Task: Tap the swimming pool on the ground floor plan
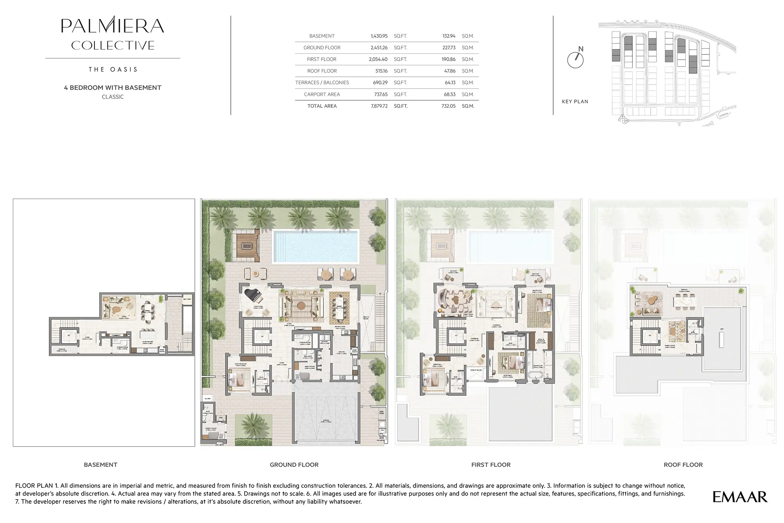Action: click(316, 246)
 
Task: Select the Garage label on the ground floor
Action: click(327, 421)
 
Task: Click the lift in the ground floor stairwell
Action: click(262, 336)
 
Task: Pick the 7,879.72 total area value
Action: click(379, 106)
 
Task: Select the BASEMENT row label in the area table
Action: click(322, 36)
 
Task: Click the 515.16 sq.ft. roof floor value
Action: click(381, 71)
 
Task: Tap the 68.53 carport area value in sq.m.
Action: click(449, 94)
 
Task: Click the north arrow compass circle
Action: click(575, 60)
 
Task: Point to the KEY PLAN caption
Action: click(575, 101)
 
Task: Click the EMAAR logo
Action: click(740, 497)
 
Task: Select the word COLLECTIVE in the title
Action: click(113, 45)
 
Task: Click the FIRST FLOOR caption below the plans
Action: click(491, 465)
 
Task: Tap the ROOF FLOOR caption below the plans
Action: click(683, 465)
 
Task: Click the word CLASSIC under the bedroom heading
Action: click(113, 97)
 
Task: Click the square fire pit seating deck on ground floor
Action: click(246, 246)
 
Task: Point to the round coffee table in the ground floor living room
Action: click(301, 306)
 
